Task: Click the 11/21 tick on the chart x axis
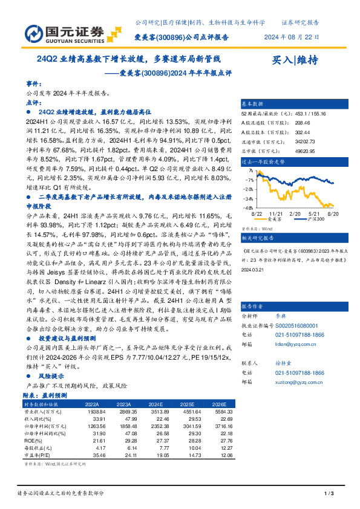pyautogui.click(x=276, y=214)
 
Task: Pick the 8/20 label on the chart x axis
pyautogui.click(x=332, y=214)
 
